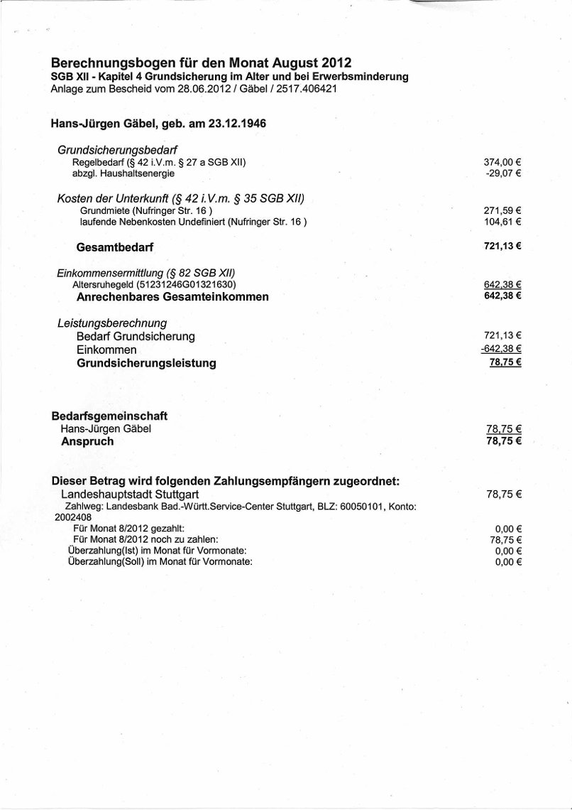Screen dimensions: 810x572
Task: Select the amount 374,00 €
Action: (502, 162)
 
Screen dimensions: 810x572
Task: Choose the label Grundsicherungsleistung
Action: (146, 364)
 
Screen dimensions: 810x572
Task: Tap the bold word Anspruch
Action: (87, 441)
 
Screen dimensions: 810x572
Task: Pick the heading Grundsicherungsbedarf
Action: (116, 150)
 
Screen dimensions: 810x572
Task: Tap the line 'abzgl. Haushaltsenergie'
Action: (123, 173)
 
